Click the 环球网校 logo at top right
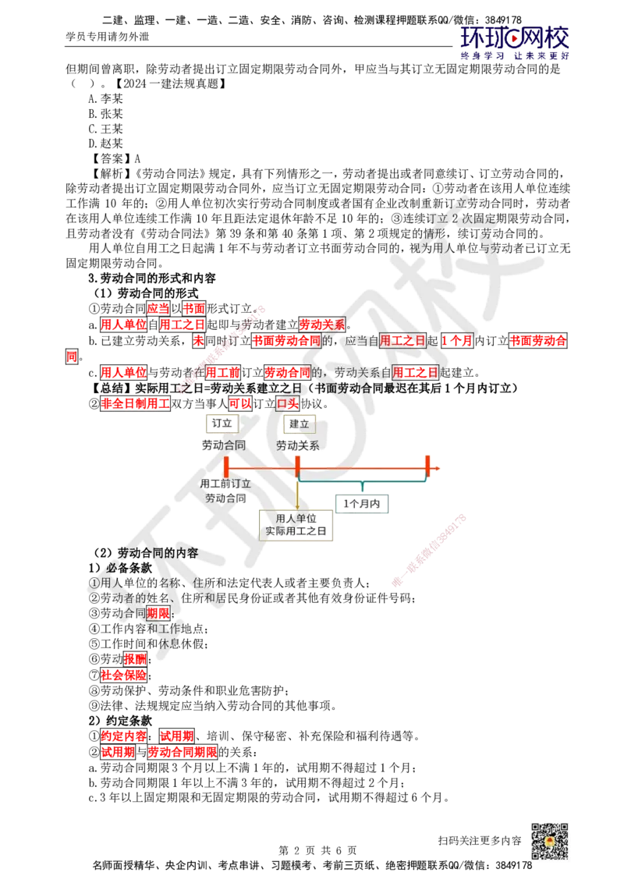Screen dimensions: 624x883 click(515, 42)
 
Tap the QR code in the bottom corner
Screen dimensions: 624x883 click(549, 841)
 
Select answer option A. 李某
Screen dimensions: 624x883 click(105, 98)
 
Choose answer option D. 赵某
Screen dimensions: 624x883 click(105, 144)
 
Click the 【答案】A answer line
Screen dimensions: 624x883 click(115, 159)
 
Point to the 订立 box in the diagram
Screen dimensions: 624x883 click(222, 424)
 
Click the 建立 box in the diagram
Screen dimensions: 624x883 click(299, 424)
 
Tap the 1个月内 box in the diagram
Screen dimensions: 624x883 click(362, 504)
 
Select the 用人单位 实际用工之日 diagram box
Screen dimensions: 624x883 click(296, 525)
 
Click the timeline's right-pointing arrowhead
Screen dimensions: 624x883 click(436, 468)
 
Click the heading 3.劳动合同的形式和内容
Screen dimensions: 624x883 click(152, 278)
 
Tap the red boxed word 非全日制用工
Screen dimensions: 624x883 click(135, 404)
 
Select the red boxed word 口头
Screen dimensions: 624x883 click(288, 404)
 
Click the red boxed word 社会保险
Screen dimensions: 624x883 click(124, 675)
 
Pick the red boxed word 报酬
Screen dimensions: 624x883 click(135, 659)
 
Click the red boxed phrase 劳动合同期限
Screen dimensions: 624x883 click(183, 752)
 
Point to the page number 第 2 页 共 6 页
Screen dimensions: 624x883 click(317, 850)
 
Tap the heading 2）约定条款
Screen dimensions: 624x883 click(120, 721)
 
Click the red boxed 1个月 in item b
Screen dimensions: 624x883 click(457, 341)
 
